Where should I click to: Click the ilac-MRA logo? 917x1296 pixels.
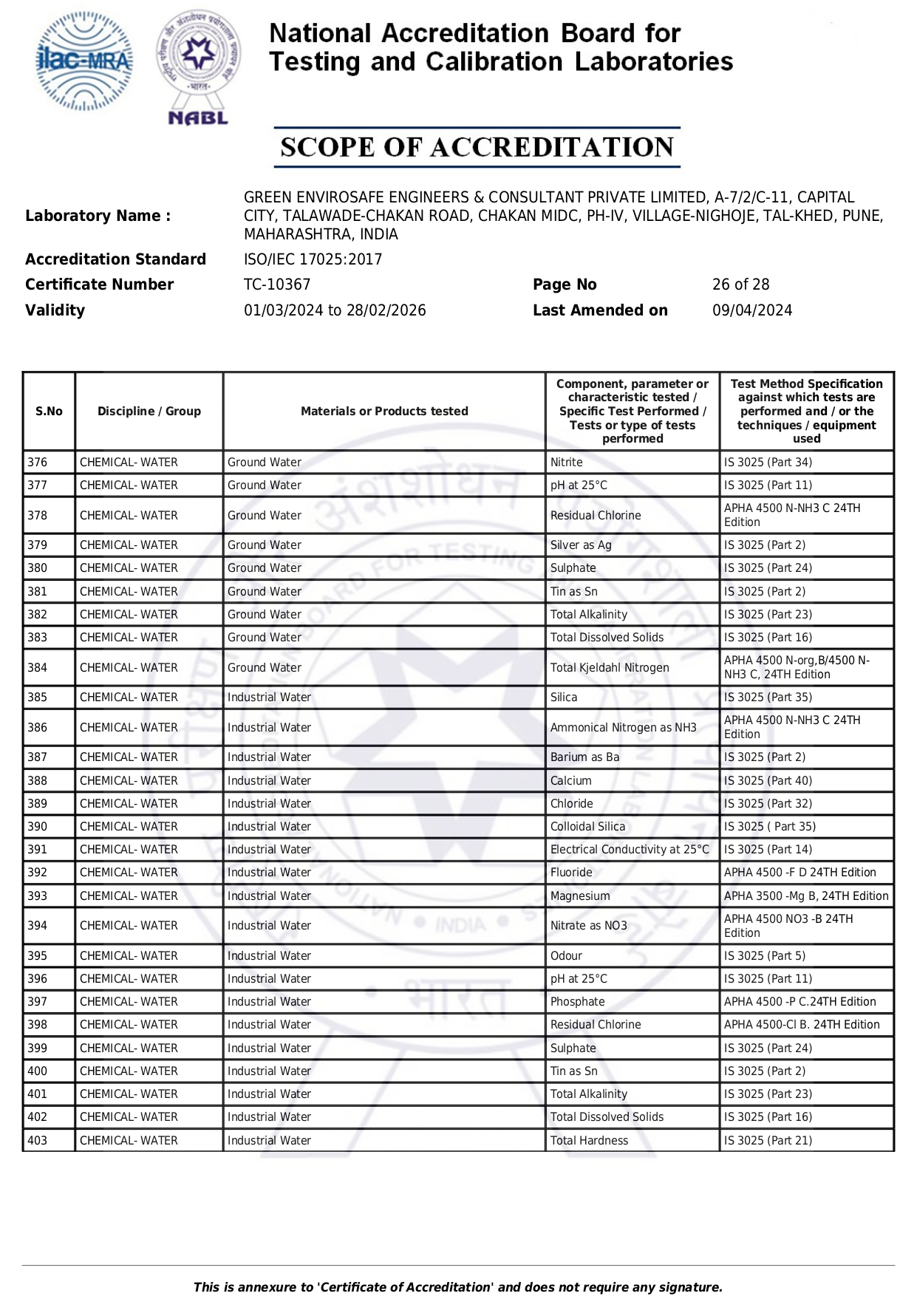click(84, 62)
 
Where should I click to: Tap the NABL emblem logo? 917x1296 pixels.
click(198, 66)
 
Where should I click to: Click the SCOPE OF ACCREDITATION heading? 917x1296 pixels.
click(477, 147)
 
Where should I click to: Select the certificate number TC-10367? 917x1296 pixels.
click(277, 284)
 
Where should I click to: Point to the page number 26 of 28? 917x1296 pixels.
click(740, 284)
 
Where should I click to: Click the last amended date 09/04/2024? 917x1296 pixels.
click(751, 310)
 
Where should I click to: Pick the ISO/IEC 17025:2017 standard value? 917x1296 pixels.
click(313, 259)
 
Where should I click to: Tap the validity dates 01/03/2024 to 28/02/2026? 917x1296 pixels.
click(335, 310)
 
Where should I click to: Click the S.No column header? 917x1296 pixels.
click(49, 412)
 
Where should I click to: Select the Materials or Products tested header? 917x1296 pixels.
click(384, 412)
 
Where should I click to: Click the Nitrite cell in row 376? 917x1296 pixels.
click(566, 463)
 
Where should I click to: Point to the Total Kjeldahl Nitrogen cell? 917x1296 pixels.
click(610, 668)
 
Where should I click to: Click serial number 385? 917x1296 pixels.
click(38, 698)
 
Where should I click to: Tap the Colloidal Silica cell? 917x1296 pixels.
click(587, 827)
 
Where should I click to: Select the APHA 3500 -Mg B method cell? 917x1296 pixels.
click(805, 896)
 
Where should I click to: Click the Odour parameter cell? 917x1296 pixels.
click(566, 956)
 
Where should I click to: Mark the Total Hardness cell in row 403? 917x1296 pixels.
click(589, 1141)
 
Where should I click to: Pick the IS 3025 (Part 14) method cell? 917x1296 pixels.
click(768, 850)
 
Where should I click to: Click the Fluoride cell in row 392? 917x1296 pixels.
click(571, 873)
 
